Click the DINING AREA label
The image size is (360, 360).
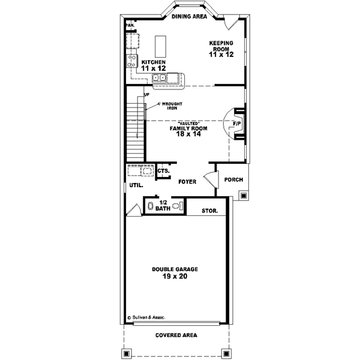tap(189, 17)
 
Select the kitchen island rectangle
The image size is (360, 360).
tap(160, 45)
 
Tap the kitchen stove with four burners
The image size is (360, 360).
tap(131, 60)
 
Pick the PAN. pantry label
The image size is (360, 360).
tap(130, 26)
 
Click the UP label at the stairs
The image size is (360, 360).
tap(146, 94)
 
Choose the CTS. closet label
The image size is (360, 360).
tap(164, 171)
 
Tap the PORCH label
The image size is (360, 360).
tap(233, 180)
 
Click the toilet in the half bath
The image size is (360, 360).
tap(176, 206)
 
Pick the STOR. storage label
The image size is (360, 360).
tap(209, 211)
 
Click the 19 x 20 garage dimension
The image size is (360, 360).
tap(175, 277)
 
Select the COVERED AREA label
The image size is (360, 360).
tap(176, 335)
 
